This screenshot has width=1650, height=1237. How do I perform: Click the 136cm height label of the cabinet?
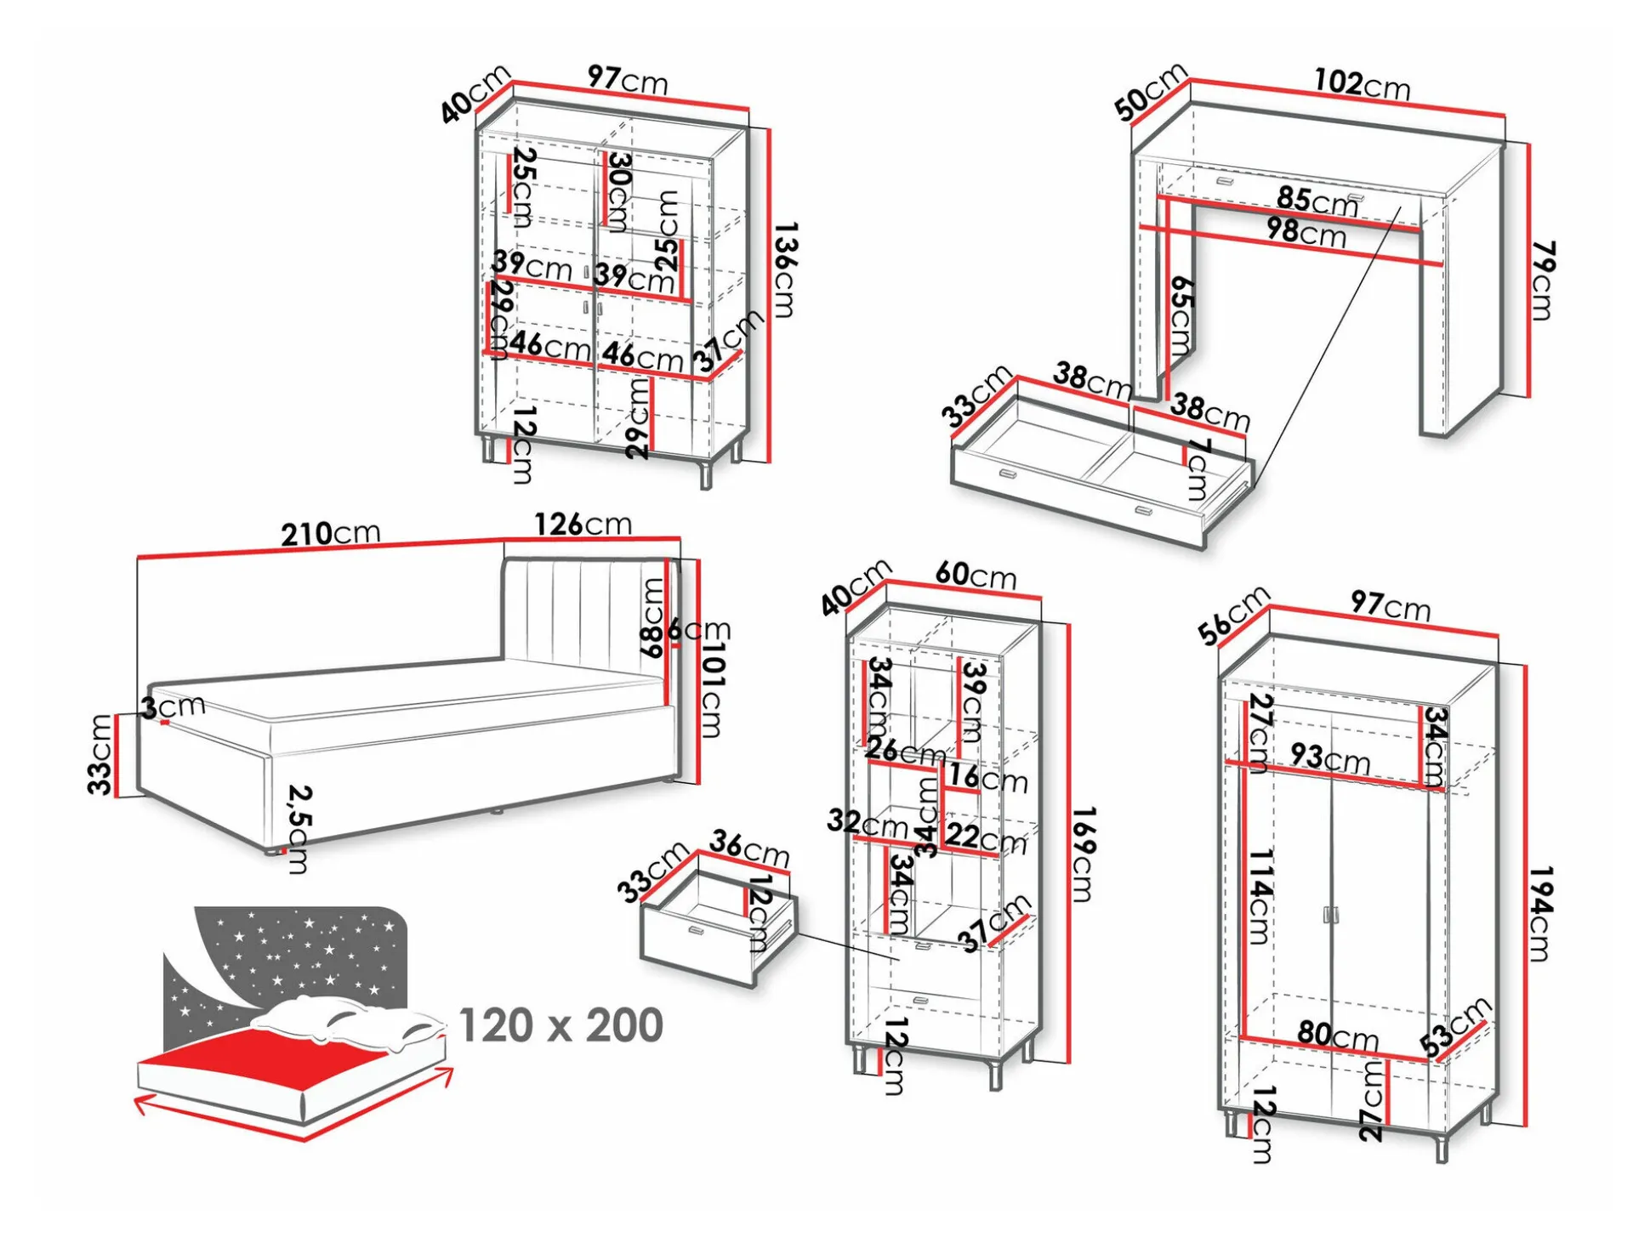pyautogui.click(x=785, y=270)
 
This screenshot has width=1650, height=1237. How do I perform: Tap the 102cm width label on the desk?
pyautogui.click(x=1362, y=83)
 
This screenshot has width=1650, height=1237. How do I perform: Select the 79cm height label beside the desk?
pyautogui.click(x=1542, y=280)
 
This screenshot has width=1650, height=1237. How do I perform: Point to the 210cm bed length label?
pyautogui.click(x=330, y=533)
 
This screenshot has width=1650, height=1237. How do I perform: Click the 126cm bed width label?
pyautogui.click(x=583, y=524)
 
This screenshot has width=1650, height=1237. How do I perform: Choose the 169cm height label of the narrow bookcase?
pyautogui.click(x=1082, y=854)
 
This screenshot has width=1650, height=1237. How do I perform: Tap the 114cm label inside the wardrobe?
pyautogui.click(x=1260, y=896)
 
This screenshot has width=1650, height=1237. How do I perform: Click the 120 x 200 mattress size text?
pyautogui.click(x=560, y=1024)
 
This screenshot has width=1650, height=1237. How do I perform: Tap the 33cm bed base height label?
pyautogui.click(x=100, y=754)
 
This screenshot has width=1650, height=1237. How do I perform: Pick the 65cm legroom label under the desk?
pyautogui.click(x=1181, y=315)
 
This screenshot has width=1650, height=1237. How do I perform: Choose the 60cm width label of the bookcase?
pyautogui.click(x=976, y=575)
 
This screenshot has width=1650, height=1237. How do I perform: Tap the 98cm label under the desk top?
pyautogui.click(x=1306, y=231)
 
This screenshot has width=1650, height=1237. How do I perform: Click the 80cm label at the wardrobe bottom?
pyautogui.click(x=1337, y=1035)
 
